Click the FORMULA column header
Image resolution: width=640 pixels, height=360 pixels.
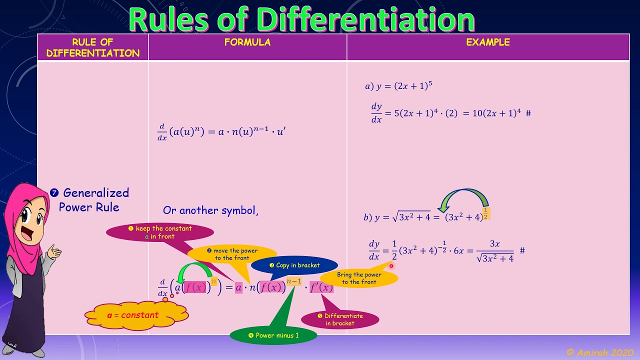247,42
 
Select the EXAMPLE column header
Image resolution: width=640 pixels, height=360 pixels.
487,42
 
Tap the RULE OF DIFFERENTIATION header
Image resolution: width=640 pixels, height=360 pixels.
93,47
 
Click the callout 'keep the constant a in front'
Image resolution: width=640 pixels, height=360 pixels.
159,232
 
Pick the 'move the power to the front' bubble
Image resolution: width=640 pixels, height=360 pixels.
232,254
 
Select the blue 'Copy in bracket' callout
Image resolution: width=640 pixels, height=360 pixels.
294,265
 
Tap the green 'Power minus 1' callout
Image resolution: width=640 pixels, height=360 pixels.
273,335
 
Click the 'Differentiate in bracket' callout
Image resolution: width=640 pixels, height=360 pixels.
340,319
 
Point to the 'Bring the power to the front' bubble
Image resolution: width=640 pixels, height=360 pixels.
358,278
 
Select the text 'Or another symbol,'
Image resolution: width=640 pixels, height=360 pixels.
210,210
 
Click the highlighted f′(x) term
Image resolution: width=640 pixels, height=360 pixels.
321,287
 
